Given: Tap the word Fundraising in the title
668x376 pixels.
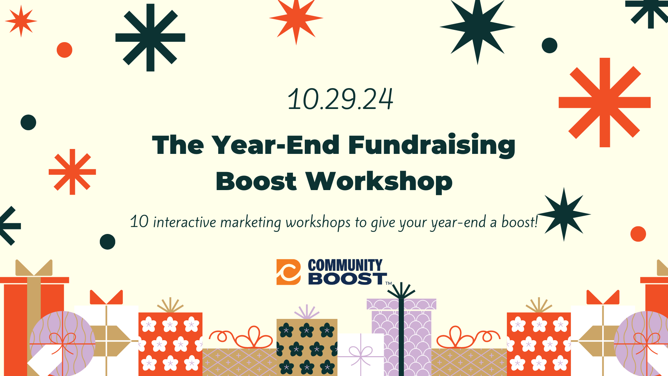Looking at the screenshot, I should pos(431,146).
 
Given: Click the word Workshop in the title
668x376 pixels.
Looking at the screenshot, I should pos(379,181).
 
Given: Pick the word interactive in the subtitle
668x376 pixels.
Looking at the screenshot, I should pos(184,222).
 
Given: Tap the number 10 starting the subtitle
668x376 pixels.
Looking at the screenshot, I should pos(139,222).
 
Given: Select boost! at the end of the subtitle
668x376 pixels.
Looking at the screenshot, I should pos(519,222).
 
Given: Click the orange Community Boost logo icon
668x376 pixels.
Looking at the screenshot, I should pos(288,272).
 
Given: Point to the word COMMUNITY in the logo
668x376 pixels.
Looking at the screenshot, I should pos(345,265).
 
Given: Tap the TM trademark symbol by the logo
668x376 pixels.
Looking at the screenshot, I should pos(389,283).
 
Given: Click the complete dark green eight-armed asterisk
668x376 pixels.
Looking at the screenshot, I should pos(150,38).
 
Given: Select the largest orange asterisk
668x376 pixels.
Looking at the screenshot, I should pos(605,102).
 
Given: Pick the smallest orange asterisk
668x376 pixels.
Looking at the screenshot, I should pos(72,172).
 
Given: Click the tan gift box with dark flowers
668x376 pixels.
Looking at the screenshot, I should pos(307,347).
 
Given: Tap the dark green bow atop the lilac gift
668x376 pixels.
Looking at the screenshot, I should pos(401,291).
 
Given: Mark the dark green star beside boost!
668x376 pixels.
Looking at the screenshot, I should pos(564,214).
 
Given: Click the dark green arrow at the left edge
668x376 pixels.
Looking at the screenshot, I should pos(10,226).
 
